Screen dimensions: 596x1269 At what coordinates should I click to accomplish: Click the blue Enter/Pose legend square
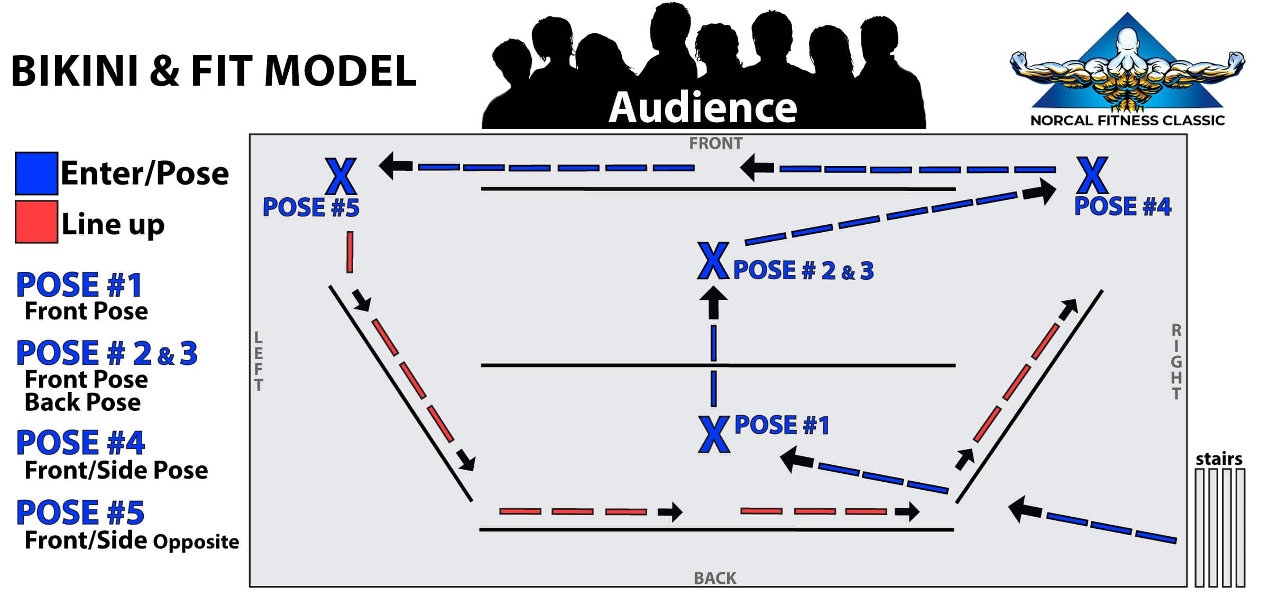(x=36, y=173)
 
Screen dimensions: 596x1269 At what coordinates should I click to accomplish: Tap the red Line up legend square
(x=36, y=222)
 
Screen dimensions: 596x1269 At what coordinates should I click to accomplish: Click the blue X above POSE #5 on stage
(x=341, y=177)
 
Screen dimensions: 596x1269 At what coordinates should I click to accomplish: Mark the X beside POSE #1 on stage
(x=714, y=434)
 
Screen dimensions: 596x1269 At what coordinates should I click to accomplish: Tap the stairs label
(x=1219, y=459)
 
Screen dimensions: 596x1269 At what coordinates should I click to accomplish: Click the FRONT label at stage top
(x=715, y=143)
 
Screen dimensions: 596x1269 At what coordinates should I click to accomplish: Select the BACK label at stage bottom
(x=715, y=578)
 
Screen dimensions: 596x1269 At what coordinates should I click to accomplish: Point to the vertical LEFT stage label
(x=259, y=361)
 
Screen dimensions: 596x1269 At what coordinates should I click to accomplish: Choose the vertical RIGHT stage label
(x=1176, y=362)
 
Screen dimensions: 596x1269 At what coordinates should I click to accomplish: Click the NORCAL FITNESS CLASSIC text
(x=1127, y=121)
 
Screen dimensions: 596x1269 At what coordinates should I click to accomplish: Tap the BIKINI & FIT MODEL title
(x=214, y=71)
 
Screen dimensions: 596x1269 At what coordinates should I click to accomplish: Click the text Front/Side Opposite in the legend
(x=132, y=541)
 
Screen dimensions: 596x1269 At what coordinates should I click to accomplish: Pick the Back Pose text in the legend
(x=82, y=402)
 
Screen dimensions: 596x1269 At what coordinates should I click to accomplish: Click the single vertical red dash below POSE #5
(x=350, y=252)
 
